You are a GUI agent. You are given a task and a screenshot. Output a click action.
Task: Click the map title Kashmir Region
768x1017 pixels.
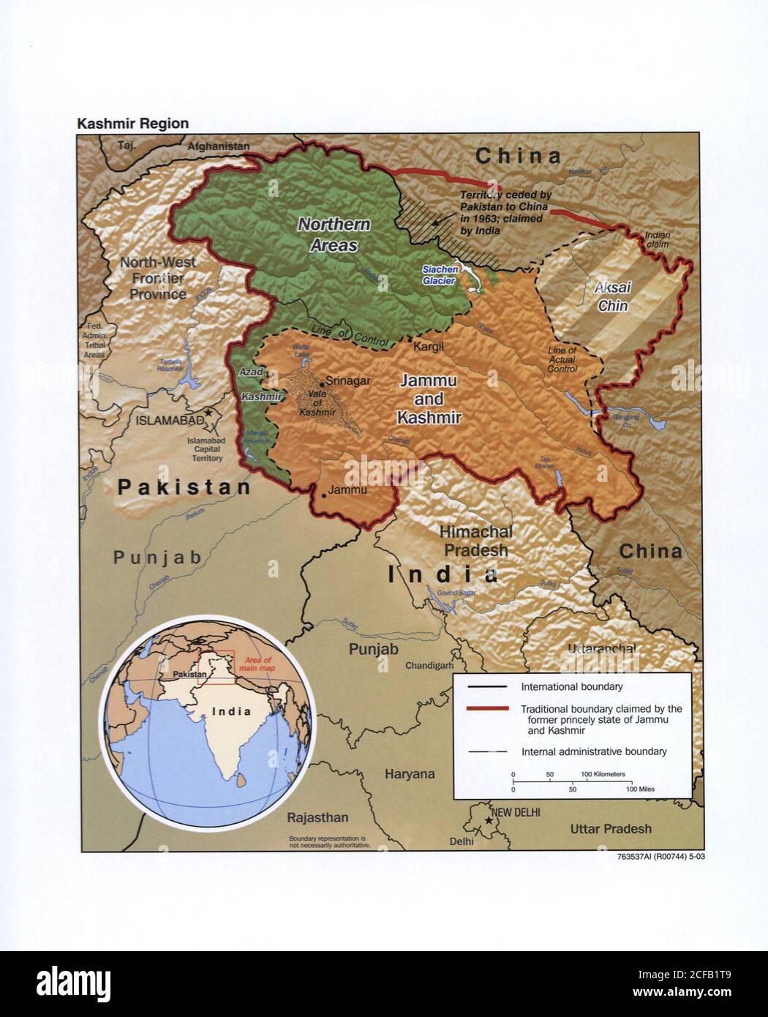[x=132, y=124]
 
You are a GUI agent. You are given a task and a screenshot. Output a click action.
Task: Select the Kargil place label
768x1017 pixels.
[x=429, y=345]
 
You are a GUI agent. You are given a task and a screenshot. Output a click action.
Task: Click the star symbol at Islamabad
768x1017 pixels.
[x=209, y=413]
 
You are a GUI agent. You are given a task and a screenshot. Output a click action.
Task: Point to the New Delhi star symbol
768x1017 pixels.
[x=488, y=820]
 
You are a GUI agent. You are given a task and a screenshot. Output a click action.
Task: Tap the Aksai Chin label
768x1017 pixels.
[x=613, y=296]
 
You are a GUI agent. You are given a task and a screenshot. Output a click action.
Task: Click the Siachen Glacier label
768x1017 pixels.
[x=440, y=274]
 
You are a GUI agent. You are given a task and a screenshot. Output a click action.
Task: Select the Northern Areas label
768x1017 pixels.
[x=334, y=234]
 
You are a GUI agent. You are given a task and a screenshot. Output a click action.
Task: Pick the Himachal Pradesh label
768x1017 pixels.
[x=476, y=541]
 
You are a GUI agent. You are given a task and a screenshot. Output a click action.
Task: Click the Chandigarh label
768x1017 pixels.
[x=430, y=666]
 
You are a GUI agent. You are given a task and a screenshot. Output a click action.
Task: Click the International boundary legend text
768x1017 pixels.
[x=571, y=687]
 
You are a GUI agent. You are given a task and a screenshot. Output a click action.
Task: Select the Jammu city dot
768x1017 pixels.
[x=323, y=495]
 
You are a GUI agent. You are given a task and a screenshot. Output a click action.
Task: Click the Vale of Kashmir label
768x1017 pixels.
[x=317, y=402]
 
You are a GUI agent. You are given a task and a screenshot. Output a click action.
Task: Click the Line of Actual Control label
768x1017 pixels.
[x=562, y=359]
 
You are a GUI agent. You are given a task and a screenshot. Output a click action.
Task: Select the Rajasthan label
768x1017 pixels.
[x=317, y=817]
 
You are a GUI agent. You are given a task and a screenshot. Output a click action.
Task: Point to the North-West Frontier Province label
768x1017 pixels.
[x=158, y=278]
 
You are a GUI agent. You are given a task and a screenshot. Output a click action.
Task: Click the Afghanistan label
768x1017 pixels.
[x=218, y=146]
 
